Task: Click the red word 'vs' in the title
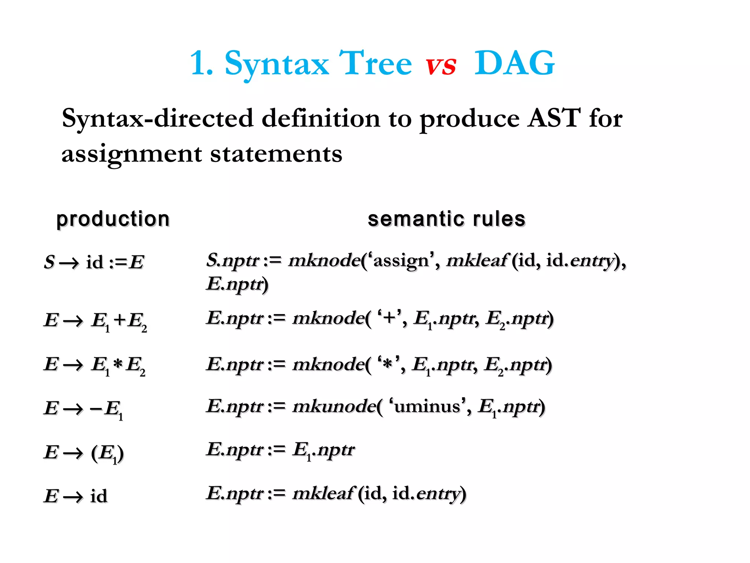[x=441, y=65]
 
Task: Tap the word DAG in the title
[x=515, y=63]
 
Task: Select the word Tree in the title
[x=375, y=63]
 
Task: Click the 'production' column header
[x=113, y=219]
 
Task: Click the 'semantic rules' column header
[x=446, y=219]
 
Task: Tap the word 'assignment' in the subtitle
[x=131, y=154]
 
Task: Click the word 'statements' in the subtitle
[x=276, y=154]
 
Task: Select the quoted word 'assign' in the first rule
[x=401, y=261]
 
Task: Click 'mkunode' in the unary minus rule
[x=334, y=406]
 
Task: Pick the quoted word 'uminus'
[x=427, y=406]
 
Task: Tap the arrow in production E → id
[x=73, y=497]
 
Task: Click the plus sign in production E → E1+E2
[x=120, y=320]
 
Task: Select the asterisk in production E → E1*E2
[x=118, y=364]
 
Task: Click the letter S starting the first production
[x=49, y=262]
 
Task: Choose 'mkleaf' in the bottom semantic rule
[x=323, y=493]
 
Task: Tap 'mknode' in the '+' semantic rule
[x=328, y=318]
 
